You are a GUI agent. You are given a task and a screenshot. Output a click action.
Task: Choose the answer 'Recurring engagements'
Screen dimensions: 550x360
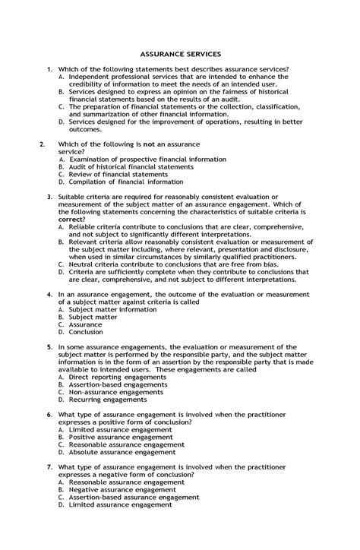pyautogui.click(x=103, y=399)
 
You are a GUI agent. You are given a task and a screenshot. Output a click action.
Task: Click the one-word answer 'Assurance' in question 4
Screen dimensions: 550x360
pyautogui.click(x=85, y=324)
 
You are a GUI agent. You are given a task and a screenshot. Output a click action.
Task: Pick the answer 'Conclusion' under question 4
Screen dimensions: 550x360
pyautogui.click(x=86, y=332)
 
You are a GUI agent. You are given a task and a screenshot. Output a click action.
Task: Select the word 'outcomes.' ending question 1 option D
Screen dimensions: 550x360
pyautogui.click(x=85, y=129)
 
